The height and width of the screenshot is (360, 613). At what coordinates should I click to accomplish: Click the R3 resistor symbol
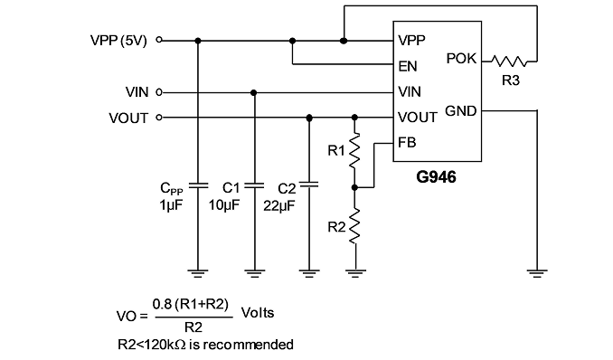(x=510, y=61)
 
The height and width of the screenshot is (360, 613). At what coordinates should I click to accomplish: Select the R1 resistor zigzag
(x=354, y=151)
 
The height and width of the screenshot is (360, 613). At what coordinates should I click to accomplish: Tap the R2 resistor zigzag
(x=354, y=226)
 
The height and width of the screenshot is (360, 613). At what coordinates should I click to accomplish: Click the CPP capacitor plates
(x=198, y=185)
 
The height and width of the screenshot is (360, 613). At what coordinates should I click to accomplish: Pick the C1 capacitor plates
(x=254, y=185)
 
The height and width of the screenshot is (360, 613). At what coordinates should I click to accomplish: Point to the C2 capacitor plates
(x=309, y=185)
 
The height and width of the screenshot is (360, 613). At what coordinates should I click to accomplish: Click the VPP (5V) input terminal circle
(x=159, y=40)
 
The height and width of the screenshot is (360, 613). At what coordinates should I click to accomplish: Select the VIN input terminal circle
(x=159, y=92)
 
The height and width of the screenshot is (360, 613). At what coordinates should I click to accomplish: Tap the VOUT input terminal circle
(x=159, y=117)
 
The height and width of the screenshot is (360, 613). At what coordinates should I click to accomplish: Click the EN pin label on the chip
(x=408, y=66)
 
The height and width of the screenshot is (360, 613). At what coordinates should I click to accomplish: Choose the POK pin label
(x=461, y=59)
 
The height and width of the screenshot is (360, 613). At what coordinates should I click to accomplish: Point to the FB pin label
(x=407, y=142)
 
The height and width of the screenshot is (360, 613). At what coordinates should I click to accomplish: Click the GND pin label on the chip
(x=461, y=111)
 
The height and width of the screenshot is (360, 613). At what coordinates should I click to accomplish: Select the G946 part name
(x=436, y=177)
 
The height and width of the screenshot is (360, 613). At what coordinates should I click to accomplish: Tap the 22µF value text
(x=279, y=206)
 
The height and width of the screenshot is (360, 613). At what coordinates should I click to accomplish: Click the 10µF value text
(x=224, y=204)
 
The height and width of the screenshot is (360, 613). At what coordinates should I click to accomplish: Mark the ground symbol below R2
(x=355, y=273)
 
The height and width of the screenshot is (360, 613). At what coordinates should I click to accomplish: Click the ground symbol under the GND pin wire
(x=537, y=273)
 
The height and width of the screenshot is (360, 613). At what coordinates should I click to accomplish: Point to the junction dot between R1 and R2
(x=354, y=188)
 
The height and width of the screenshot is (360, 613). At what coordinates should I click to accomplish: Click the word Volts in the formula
(x=258, y=313)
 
